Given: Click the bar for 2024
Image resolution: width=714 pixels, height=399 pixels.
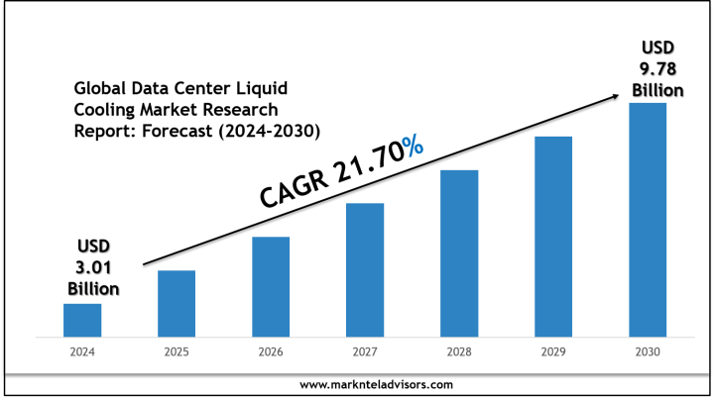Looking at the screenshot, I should pos(82,320).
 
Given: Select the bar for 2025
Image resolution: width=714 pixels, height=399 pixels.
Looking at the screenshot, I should pos(177,303).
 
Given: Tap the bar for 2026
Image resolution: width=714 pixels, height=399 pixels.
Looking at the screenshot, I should pos(271,286).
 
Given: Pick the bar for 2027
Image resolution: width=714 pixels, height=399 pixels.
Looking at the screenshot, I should pos(365,269).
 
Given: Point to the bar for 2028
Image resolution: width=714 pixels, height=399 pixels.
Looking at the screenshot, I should pos(459,252).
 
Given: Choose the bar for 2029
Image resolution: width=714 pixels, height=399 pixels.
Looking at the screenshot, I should pos(553,236).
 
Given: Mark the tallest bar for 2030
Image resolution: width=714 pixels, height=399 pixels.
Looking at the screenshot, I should pos(648,219).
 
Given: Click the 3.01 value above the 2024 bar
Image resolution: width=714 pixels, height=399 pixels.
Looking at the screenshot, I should pos(93,267).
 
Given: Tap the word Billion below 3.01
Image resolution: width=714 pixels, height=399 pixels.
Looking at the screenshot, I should pos(93,288).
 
